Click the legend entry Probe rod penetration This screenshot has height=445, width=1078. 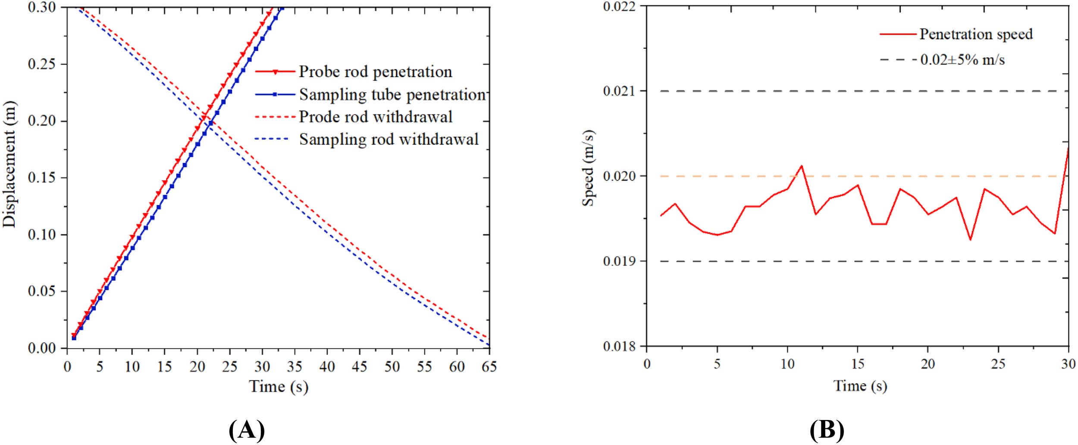pos(375,72)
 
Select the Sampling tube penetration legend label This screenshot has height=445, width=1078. pos(392,94)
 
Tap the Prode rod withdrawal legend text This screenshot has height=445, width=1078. pos(376,117)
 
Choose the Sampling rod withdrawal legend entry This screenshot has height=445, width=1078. pos(389,139)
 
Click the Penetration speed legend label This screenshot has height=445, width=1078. pos(976,34)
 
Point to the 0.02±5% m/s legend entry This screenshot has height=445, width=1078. pos(962,60)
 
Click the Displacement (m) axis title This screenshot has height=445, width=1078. pos(9,164)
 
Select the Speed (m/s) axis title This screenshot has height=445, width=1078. pos(588,168)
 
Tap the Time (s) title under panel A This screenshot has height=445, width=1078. pos(279,386)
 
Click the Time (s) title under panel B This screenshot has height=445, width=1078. pos(860,385)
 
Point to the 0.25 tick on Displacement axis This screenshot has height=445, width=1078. pos(42,64)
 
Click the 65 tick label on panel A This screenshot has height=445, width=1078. pos(489,367)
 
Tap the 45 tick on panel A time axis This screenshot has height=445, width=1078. pos(359,367)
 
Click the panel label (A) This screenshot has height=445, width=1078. pos(246,430)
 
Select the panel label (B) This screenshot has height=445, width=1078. pos(827,430)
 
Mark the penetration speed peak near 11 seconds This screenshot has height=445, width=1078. pos(802,166)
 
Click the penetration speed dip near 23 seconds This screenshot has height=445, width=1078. pos(970,240)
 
